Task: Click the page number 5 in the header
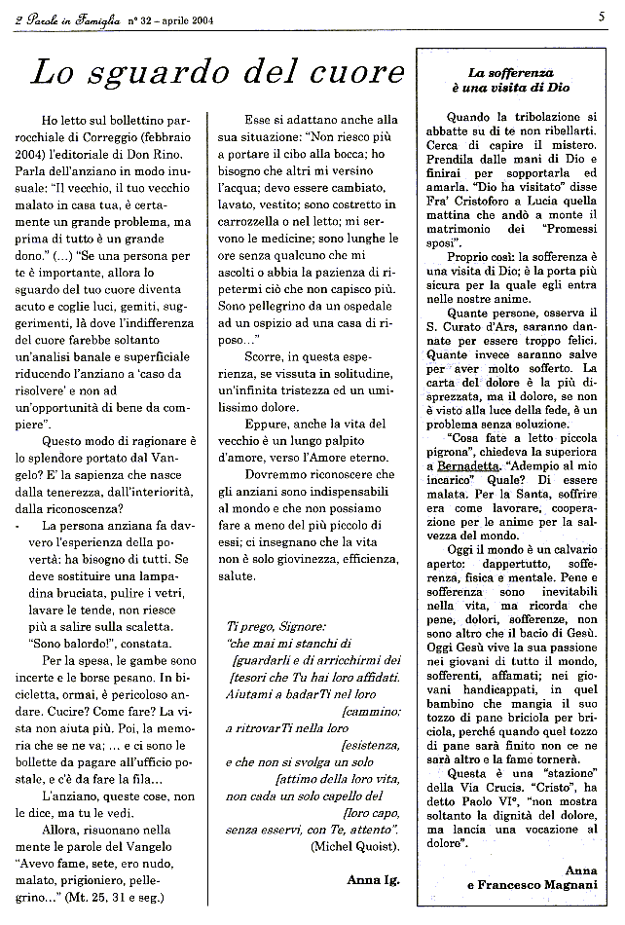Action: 603,15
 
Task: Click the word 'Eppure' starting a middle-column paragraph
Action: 268,424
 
